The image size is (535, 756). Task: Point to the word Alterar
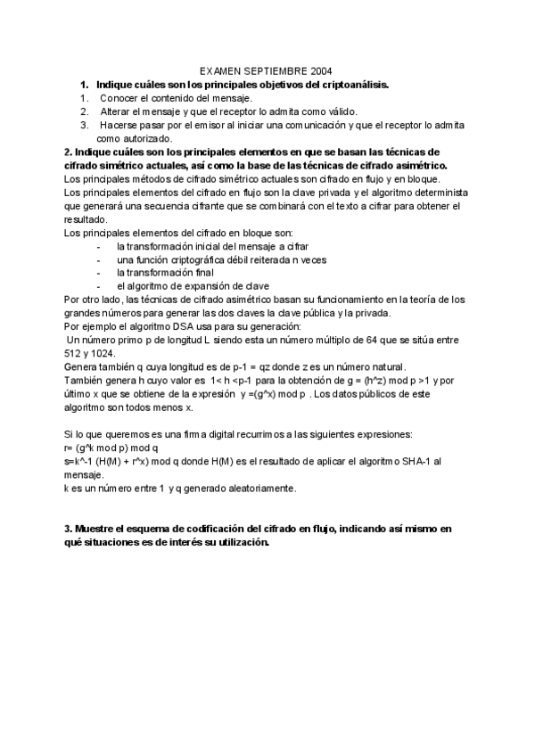118,111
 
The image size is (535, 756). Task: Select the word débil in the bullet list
240,259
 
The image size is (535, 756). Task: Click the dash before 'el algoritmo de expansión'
97,286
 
